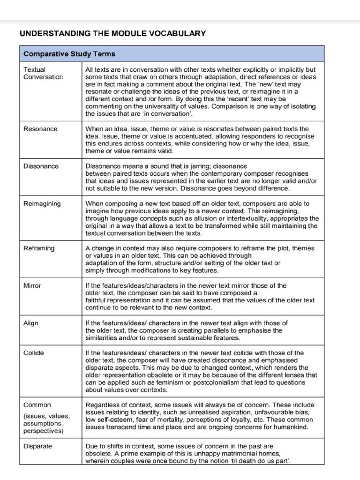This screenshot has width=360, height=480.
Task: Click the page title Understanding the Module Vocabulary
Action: tap(112, 33)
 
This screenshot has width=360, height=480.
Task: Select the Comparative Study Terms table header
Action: tap(69, 54)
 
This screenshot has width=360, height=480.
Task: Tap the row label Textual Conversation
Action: tap(43, 73)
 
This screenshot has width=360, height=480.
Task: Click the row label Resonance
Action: tap(40, 129)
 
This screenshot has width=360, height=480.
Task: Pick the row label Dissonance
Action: tap(41, 166)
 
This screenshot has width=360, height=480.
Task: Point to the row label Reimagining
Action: tap(42, 203)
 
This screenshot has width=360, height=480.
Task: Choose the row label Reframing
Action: tap(39, 248)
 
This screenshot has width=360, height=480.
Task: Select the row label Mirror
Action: tap(32, 285)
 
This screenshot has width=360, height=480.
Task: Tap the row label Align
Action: tap(31, 323)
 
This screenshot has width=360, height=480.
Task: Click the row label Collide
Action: tap(34, 353)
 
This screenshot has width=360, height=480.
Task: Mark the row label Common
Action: tap(37, 405)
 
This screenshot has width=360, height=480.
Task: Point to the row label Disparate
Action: tap(37, 446)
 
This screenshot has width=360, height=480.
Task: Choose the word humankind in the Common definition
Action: tap(292, 427)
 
